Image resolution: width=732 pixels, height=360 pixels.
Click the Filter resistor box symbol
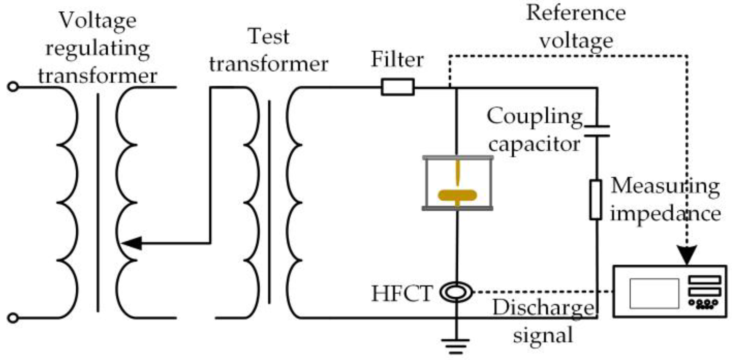click(x=398, y=87)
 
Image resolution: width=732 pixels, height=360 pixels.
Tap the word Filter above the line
click(x=397, y=60)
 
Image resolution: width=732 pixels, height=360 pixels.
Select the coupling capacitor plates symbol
click(x=597, y=131)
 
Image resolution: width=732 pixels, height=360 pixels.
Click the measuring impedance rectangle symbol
click(x=596, y=200)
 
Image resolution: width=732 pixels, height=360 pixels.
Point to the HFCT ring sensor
click(x=456, y=292)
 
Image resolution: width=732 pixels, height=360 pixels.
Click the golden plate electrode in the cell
click(x=457, y=195)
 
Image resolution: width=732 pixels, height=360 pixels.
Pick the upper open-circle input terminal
click(x=13, y=87)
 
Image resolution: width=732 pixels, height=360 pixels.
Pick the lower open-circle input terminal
click(x=13, y=318)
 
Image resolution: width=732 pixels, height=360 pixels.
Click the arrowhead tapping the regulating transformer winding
click(x=132, y=243)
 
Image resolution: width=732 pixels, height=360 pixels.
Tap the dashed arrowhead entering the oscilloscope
click(x=687, y=255)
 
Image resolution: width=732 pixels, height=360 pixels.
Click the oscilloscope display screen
click(x=654, y=293)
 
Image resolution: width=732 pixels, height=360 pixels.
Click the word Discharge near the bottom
click(x=543, y=307)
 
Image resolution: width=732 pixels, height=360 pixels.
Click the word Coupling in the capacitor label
click(x=534, y=116)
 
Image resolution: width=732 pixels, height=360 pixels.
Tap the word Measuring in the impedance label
click(x=665, y=186)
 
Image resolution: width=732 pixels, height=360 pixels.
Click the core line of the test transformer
click(x=269, y=202)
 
